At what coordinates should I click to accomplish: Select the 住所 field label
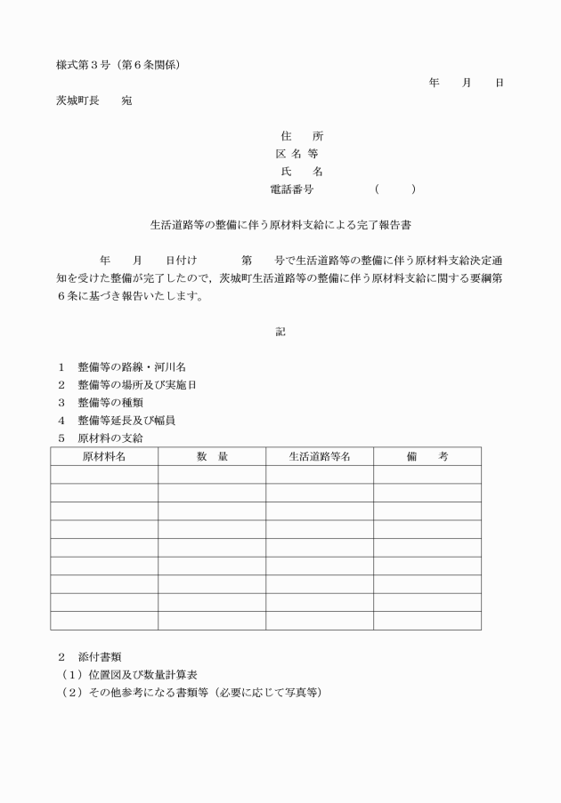[x=301, y=136]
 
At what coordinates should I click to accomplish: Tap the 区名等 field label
[x=301, y=154]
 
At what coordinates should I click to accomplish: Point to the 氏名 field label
[x=301, y=172]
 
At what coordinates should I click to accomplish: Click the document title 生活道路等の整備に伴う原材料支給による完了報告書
[x=280, y=226]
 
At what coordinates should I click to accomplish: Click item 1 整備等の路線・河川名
[x=131, y=366]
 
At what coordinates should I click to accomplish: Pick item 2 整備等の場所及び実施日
[x=137, y=384]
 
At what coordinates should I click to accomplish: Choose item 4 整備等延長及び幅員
[x=131, y=420]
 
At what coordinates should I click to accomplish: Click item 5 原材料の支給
[x=110, y=438]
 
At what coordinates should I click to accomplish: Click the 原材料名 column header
[x=104, y=456]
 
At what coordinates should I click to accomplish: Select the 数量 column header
[x=212, y=456]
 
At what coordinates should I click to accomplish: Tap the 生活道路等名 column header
[x=320, y=456]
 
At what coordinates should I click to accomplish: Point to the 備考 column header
[x=427, y=456]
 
